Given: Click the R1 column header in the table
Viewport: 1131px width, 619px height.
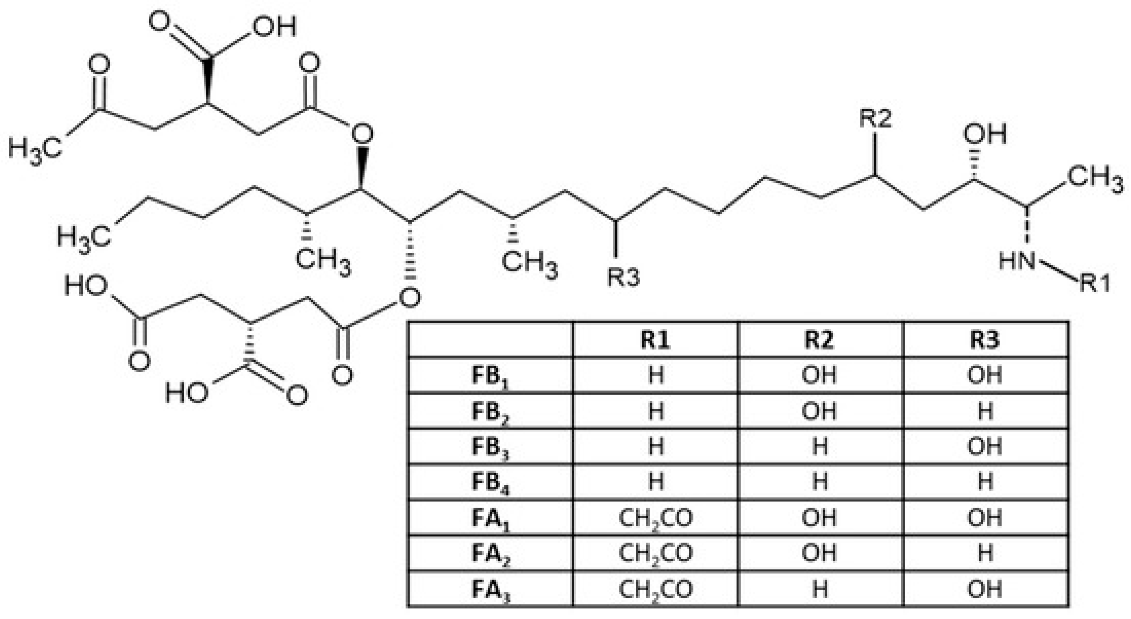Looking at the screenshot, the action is pyautogui.click(x=655, y=339).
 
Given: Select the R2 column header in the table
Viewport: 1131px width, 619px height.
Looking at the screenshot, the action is pyautogui.click(x=820, y=339).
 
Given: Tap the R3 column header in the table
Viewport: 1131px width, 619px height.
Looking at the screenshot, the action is pyautogui.click(x=985, y=339).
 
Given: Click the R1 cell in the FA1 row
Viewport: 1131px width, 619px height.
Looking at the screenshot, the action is pyautogui.click(x=655, y=518).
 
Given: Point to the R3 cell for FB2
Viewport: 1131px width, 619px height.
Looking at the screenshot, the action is pyautogui.click(x=985, y=411).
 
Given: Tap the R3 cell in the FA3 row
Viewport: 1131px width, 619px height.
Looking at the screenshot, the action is pyautogui.click(x=985, y=589).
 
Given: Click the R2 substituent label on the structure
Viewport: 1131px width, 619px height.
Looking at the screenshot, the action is pyautogui.click(x=875, y=119).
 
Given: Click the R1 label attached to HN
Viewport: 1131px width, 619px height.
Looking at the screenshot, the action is pyautogui.click(x=1094, y=283).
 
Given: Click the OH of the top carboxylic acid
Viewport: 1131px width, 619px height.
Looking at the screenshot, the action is pyautogui.click(x=274, y=27).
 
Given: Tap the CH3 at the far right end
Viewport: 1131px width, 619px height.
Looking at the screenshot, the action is pyautogui.click(x=1094, y=178).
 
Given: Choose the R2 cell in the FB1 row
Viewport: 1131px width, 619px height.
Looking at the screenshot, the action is pyautogui.click(x=820, y=376).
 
